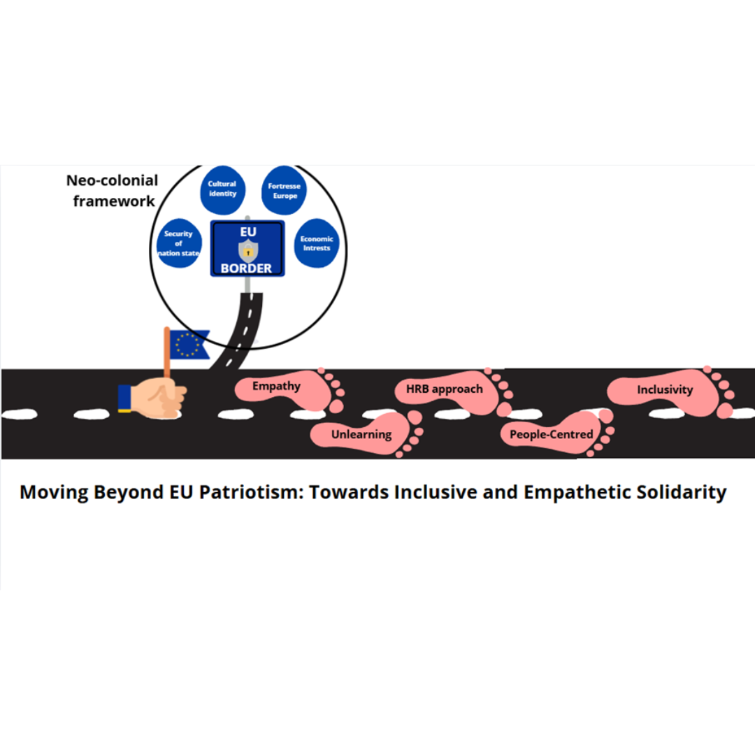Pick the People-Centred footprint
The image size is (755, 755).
pos(552,435)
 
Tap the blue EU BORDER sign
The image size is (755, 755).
pos(247,248)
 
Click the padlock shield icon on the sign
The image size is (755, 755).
pos(247,250)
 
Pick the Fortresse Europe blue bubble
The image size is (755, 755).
pos(283,190)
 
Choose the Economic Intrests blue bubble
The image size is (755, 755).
pos(316,243)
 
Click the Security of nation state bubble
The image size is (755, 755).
pos(179,243)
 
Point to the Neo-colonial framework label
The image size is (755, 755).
pos(112,190)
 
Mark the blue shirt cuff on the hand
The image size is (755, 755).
pos(125,398)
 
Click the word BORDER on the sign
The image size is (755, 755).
pos(247,268)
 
